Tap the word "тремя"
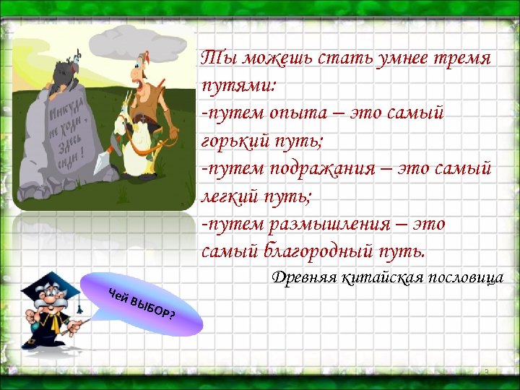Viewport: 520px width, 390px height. click(462, 57)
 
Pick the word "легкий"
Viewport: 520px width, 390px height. click(229, 196)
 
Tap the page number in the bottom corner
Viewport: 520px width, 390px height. click(487, 372)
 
